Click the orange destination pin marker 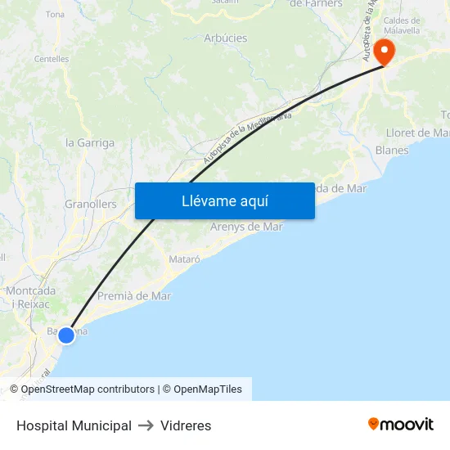[x=382, y=52]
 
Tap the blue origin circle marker [x=66, y=335]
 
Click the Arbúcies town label [x=226, y=38]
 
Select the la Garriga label [x=90, y=142]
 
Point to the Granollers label [x=90, y=204]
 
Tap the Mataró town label [x=184, y=259]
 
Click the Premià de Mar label [x=134, y=296]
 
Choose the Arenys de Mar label [x=246, y=227]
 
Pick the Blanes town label [x=391, y=151]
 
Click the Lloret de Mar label [x=417, y=133]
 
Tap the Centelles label [x=52, y=59]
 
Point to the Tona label [x=56, y=15]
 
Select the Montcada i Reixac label [x=30, y=297]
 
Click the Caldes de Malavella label [x=402, y=25]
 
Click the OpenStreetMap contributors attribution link [x=88, y=389]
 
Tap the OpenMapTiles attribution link [x=207, y=389]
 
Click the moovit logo [x=400, y=425]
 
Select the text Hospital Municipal [x=74, y=425]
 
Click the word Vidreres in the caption [x=186, y=425]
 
